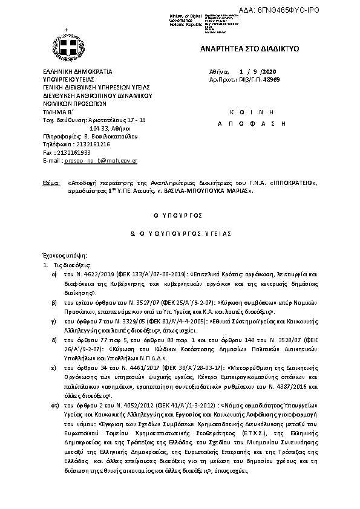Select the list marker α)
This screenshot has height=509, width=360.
coord(54,274)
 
